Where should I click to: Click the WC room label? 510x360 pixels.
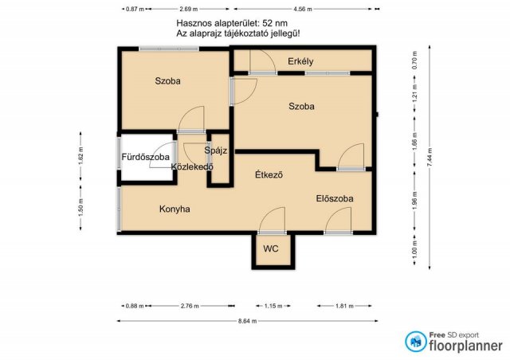(x=271, y=248)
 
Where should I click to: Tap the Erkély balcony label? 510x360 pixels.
(x=300, y=61)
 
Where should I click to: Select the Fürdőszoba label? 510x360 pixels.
(x=145, y=157)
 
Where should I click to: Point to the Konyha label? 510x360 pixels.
(x=175, y=209)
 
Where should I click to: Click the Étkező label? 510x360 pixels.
(x=269, y=174)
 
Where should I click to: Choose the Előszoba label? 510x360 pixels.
(x=335, y=198)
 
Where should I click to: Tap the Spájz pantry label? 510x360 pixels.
(x=216, y=151)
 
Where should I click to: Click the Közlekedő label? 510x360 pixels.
(x=192, y=166)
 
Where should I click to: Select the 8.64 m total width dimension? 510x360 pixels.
(x=247, y=321)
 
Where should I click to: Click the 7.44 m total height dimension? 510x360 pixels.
(x=430, y=158)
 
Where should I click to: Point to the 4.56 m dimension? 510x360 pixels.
(x=303, y=9)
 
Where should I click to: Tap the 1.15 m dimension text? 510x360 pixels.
(x=273, y=306)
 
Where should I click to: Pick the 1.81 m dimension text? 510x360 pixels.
(x=344, y=306)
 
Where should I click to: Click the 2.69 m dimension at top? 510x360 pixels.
(x=188, y=9)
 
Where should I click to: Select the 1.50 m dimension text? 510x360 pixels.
(x=80, y=207)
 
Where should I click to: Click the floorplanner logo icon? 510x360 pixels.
(x=415, y=342)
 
